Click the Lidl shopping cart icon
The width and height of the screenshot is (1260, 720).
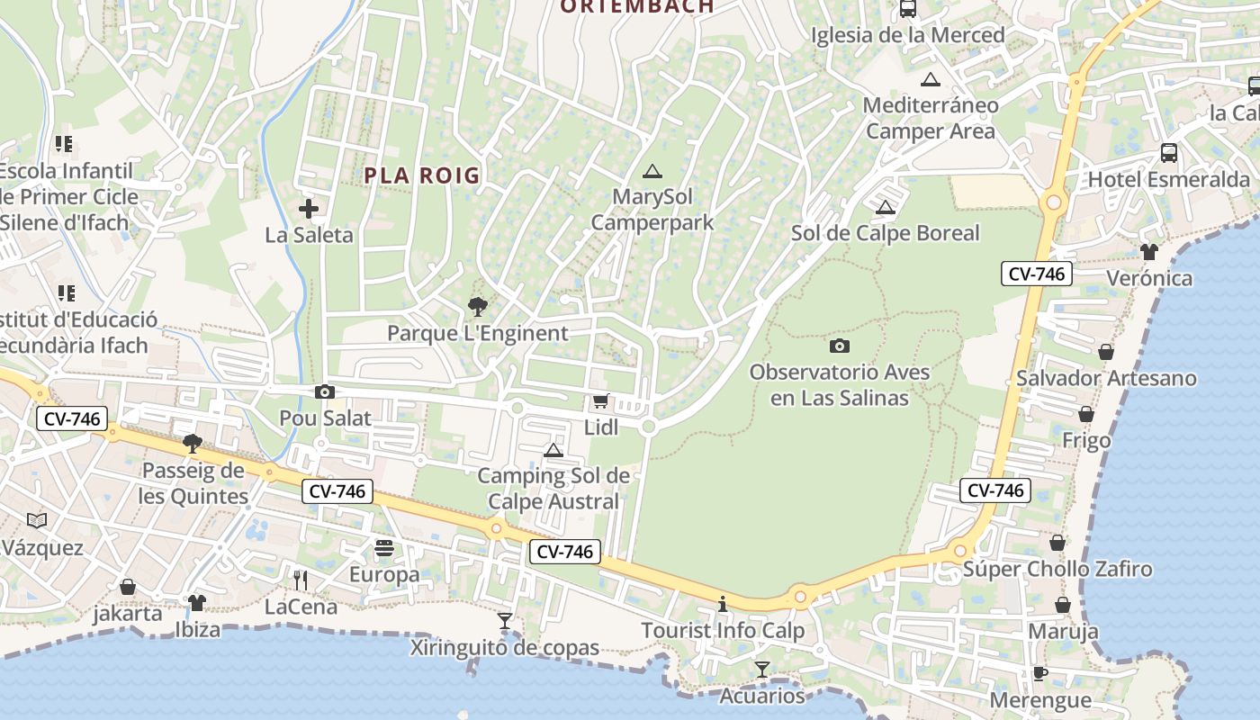tap(600, 401)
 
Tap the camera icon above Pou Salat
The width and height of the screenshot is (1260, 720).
tap(325, 391)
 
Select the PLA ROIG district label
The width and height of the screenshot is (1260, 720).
tap(422, 175)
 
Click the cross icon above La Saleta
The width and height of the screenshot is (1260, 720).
tap(309, 209)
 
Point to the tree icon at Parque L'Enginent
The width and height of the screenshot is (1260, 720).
tap(478, 307)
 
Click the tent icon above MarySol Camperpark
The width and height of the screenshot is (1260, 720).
tap(652, 171)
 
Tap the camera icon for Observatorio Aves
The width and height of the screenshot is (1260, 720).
tap(840, 346)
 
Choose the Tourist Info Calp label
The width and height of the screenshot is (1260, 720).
tap(723, 630)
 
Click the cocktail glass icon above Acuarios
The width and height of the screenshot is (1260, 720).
tap(762, 669)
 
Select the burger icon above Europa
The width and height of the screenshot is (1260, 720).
tap(384, 548)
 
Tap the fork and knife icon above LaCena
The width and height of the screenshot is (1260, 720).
tap(301, 580)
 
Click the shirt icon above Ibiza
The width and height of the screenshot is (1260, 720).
tap(197, 602)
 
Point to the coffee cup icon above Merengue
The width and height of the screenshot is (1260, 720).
tap(1040, 673)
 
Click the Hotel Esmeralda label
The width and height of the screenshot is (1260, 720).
tap(1169, 179)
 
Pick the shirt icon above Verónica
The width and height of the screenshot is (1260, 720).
tap(1149, 251)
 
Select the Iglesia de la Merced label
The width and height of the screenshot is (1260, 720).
tap(907, 35)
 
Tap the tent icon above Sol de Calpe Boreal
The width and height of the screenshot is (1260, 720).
tap(886, 208)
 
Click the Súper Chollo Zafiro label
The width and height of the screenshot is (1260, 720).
tap(1057, 569)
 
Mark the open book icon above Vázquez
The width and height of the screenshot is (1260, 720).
tap(37, 520)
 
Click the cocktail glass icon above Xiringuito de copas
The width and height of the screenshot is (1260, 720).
tap(505, 621)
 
